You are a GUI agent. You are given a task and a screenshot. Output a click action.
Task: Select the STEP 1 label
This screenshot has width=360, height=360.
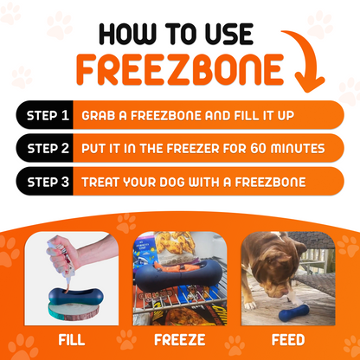[x=44, y=115]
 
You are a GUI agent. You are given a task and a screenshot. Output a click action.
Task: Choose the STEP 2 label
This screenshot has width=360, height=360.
[x=44, y=149]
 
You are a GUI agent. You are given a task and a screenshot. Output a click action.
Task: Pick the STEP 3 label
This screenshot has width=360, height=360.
[x=44, y=183]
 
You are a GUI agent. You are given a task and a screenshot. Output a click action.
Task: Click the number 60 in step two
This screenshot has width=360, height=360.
[x=256, y=149]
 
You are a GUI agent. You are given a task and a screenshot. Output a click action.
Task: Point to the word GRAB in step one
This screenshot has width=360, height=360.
[x=99, y=115]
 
